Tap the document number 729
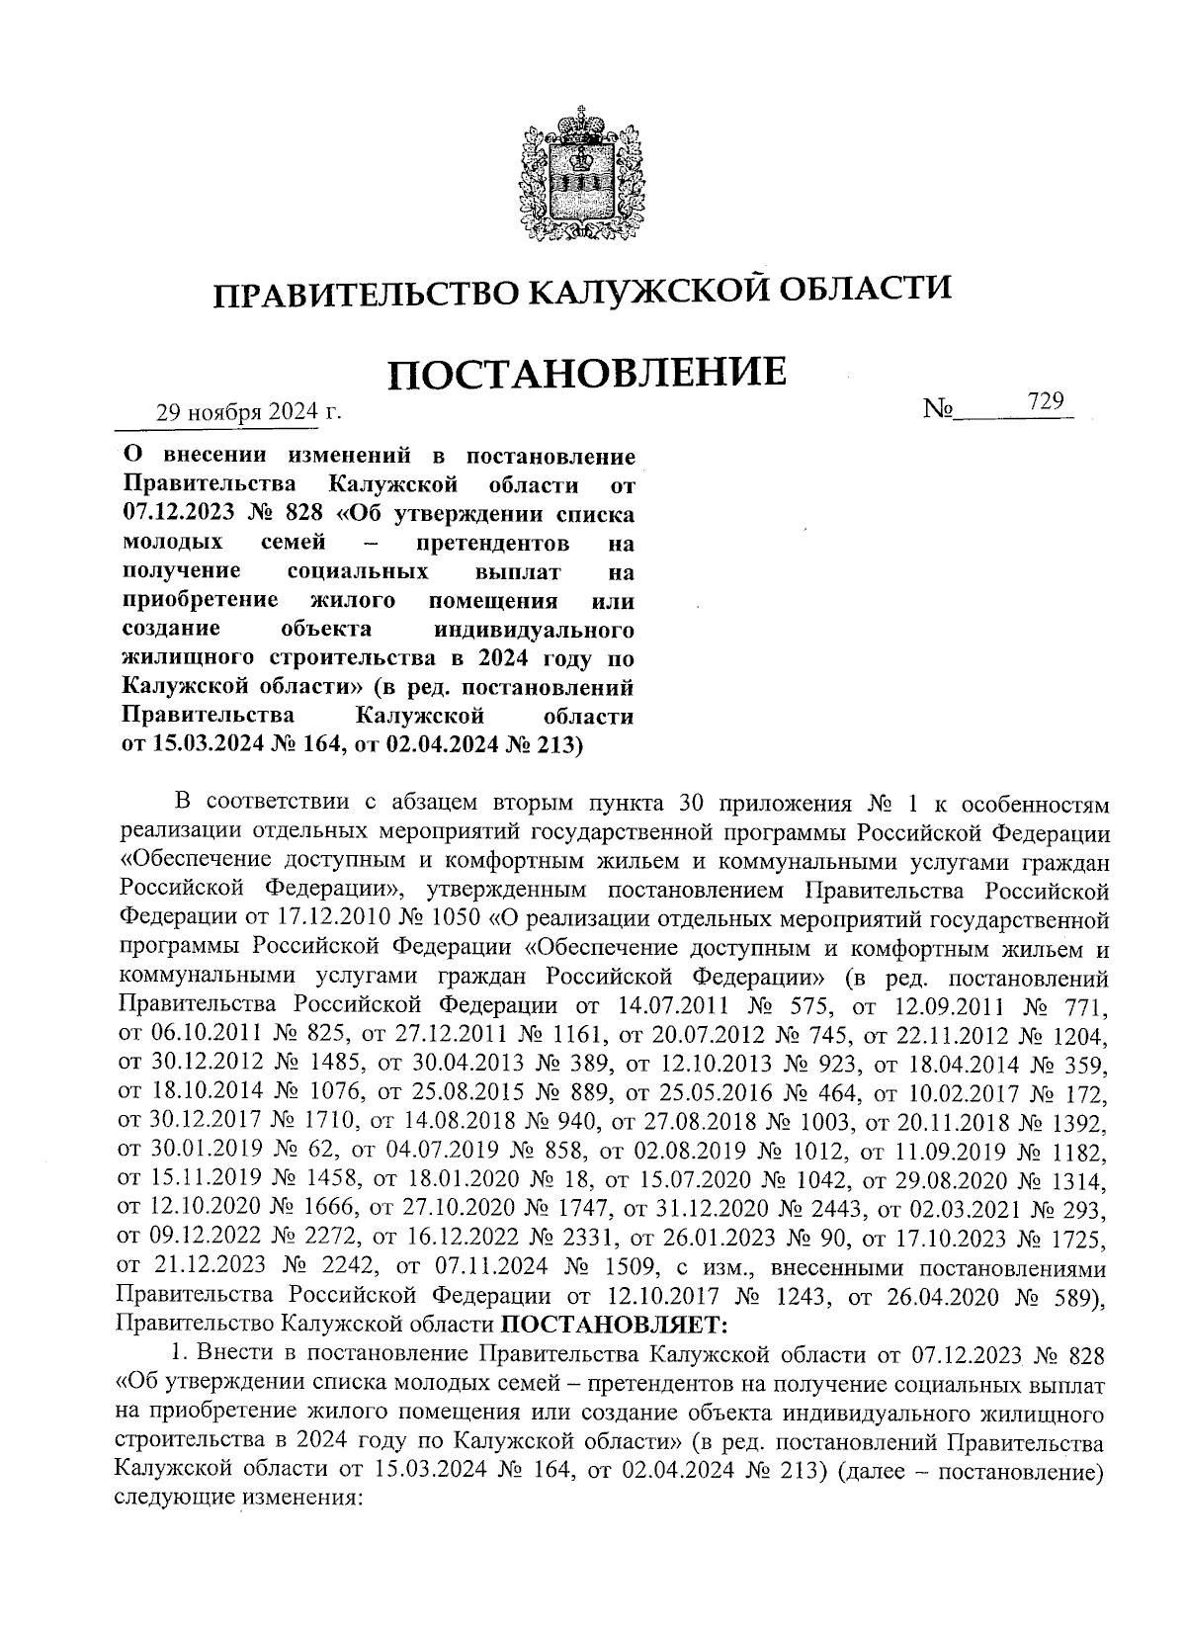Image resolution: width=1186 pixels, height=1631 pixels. tap(1044, 400)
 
